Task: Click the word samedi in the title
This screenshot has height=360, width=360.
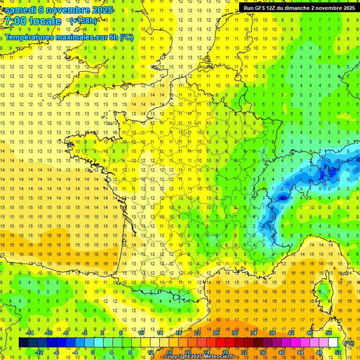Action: tap(21, 10)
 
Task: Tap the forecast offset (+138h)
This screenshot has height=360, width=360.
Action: tap(83, 21)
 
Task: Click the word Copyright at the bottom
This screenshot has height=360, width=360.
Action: tap(177, 357)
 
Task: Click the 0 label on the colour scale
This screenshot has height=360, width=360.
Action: tap(93, 352)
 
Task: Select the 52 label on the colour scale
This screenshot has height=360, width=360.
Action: tap(338, 352)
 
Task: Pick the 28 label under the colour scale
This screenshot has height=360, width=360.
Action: tap(225, 352)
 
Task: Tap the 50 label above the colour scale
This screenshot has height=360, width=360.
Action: tap(329, 333)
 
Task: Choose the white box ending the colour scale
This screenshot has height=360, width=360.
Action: tap(333, 343)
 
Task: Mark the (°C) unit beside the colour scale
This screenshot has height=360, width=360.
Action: tap(349, 343)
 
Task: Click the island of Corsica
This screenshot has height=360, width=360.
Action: tap(323, 291)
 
